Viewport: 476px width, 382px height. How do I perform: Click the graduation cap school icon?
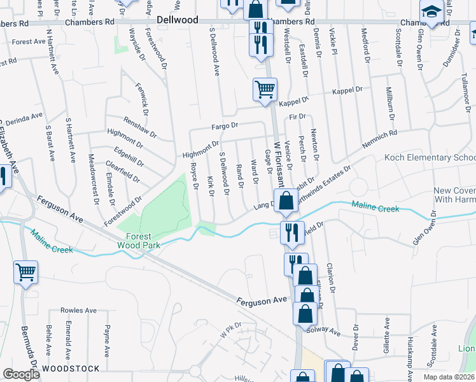tap(431, 12)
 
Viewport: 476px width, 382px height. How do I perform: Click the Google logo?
tap(21, 374)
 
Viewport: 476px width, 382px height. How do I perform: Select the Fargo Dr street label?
tap(226, 126)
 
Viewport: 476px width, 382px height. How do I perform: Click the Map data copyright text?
tap(448, 376)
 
